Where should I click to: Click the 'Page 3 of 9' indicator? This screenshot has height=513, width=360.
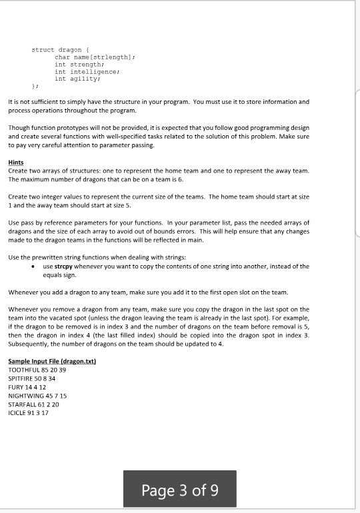(179, 489)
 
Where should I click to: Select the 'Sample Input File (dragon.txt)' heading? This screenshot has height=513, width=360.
(53, 361)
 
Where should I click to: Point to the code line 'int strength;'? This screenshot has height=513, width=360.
(79, 65)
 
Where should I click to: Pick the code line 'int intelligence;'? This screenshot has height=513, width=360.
(87, 71)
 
